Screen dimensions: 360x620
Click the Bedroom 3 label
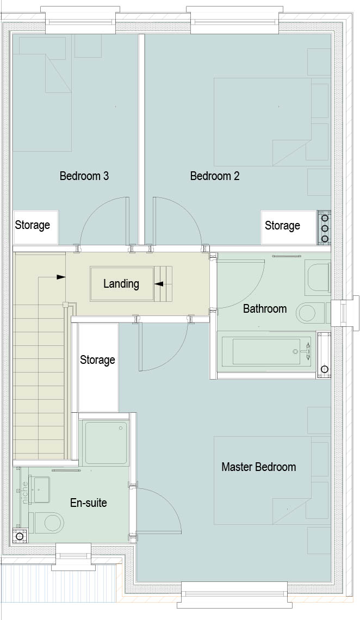pos(84,176)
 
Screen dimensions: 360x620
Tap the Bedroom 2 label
pos(215,176)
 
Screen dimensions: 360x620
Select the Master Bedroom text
pos(258,467)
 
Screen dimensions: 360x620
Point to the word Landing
pos(121,284)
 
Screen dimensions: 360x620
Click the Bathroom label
pos(265,308)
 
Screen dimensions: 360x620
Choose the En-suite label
pos(89,503)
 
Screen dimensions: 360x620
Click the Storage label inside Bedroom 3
pos(33,225)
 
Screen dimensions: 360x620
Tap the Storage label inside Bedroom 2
pos(282,225)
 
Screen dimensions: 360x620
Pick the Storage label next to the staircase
pos(97,360)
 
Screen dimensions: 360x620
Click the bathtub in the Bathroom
pos(267,351)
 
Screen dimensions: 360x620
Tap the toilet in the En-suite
pos(48,523)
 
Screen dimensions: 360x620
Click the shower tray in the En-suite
pos(105,443)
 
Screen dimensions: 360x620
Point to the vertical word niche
pos(24,492)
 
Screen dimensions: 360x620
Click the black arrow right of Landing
pos(159,283)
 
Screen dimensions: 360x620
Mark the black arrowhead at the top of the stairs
pos(61,277)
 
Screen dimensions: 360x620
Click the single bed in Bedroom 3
pos(42,94)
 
